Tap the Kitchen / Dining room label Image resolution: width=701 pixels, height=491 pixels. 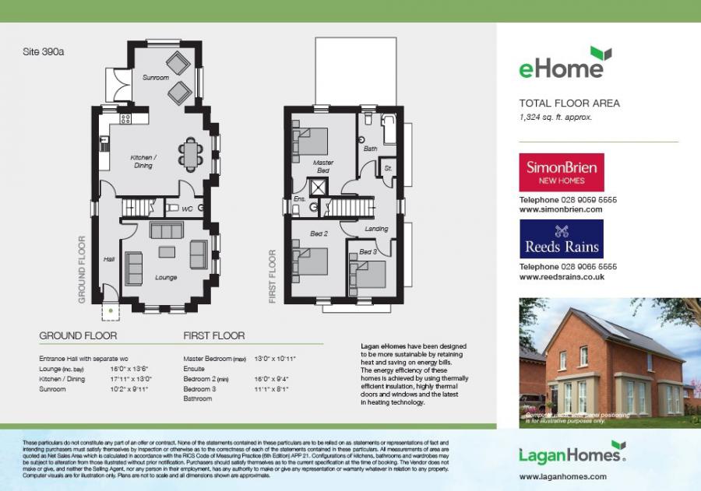pos(143,161)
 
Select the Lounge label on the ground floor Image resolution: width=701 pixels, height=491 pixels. pos(165,278)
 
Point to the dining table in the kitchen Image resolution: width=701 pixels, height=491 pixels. pos(191,153)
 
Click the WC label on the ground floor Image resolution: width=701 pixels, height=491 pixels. pos(187,209)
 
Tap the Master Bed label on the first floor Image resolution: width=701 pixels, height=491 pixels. pos(323,166)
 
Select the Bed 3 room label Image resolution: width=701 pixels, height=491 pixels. pos(368,252)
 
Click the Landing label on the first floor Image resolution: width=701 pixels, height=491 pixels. pos(377,229)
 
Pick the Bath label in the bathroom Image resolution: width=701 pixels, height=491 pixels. pos(370,149)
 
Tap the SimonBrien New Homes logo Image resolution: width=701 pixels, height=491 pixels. pos(561,173)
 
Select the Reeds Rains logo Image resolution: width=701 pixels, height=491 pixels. pos(561,239)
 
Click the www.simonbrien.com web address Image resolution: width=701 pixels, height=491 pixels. pos(560,209)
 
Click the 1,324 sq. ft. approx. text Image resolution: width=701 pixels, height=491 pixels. pos(555,117)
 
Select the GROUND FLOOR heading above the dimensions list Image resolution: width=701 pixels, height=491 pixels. pos(78,336)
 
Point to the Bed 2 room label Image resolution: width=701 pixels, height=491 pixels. pos(319,233)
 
